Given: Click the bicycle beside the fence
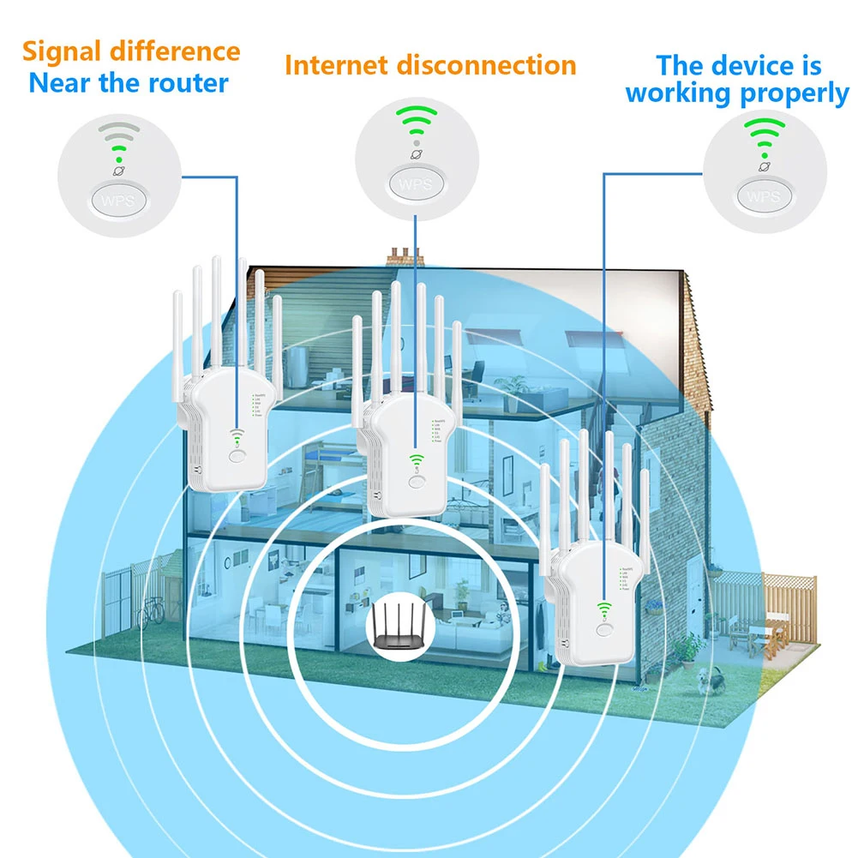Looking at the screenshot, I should click(x=152, y=611).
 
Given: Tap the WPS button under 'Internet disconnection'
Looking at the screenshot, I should click(x=415, y=183).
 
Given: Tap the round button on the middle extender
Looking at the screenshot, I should click(x=417, y=482).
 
